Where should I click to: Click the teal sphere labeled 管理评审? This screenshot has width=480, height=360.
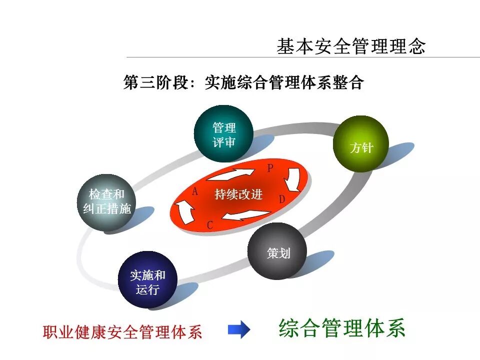(x=223, y=134)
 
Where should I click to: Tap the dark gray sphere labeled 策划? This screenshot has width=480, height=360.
(x=277, y=251)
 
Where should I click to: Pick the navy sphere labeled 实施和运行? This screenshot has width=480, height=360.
(x=147, y=280)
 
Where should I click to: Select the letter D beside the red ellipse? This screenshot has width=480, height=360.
(x=282, y=199)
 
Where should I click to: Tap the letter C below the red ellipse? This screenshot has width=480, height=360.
(x=210, y=225)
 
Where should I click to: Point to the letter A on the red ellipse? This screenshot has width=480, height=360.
(x=195, y=191)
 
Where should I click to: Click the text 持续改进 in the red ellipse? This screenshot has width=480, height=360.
(x=238, y=194)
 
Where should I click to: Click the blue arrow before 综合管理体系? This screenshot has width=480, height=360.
(x=238, y=330)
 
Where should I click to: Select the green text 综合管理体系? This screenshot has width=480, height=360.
(x=342, y=328)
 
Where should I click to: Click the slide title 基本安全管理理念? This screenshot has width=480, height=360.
(x=351, y=46)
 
